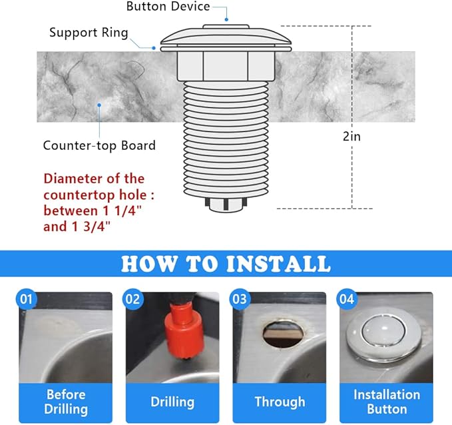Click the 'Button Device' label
[168, 7]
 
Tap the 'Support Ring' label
[88, 32]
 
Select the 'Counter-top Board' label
[99, 145]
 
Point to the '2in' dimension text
[353, 136]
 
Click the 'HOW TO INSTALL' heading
[226, 263]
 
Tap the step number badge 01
[26, 299]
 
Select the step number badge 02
[132, 299]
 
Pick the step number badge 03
[240, 299]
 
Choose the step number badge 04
[346, 299]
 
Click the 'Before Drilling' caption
[67, 402]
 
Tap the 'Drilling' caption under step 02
[172, 402]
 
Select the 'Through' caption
[280, 402]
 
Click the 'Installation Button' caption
[387, 402]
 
